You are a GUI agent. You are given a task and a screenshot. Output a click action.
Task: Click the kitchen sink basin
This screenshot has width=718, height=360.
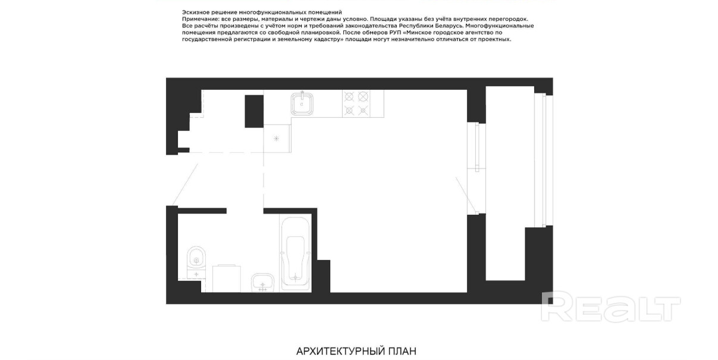(x=302, y=104)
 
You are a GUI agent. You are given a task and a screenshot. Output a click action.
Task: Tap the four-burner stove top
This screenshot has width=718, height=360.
(x=356, y=104)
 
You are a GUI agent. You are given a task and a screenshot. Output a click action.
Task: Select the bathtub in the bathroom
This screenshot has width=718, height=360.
(x=295, y=255)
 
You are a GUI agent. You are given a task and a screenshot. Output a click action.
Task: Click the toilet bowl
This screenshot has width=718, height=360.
(x=196, y=258)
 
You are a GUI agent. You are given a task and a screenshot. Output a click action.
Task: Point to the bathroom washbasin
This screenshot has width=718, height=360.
(x=263, y=283)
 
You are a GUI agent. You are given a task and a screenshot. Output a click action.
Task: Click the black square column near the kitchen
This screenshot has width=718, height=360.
(x=254, y=111)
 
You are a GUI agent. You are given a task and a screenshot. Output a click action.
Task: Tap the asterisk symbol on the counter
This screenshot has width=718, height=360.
(x=276, y=139)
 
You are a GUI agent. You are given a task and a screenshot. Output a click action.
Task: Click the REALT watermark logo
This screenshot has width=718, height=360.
(x=610, y=306)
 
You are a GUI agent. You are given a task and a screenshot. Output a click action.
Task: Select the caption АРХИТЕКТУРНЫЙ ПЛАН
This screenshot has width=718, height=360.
(x=356, y=351)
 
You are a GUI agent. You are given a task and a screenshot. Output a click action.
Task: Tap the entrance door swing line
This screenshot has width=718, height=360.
(x=185, y=184)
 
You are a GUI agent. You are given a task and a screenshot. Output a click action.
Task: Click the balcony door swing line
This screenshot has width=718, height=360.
(x=466, y=195)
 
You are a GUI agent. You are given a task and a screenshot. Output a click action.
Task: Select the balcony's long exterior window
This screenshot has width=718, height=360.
(x=544, y=160)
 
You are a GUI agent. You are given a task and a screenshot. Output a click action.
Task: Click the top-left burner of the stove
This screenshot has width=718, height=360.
(x=349, y=96)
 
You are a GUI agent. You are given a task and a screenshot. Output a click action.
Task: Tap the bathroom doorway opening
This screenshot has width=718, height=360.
(x=245, y=211)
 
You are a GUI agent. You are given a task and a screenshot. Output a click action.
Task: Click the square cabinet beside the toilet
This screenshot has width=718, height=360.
(x=226, y=278)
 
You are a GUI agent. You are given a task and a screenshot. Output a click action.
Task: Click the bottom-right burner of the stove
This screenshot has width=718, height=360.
(x=363, y=111)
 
